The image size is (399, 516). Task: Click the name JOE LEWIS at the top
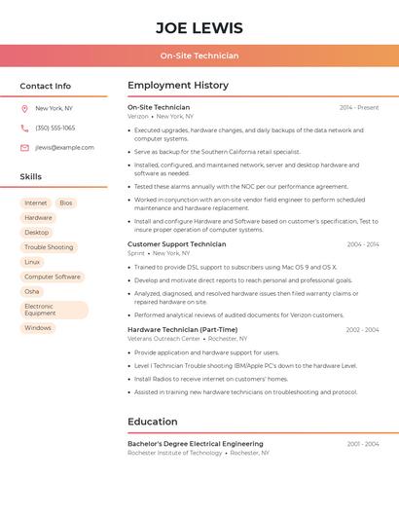pyautogui.click(x=199, y=28)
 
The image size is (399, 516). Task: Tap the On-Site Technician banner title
pyautogui.click(x=199, y=55)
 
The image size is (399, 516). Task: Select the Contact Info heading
pyautogui.click(x=46, y=86)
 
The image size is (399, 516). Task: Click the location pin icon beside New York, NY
pyautogui.click(x=24, y=109)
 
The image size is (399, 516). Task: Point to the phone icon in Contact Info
pyautogui.click(x=24, y=129)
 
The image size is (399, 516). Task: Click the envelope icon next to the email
pyautogui.click(x=24, y=148)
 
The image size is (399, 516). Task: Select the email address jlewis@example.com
pyautogui.click(x=64, y=148)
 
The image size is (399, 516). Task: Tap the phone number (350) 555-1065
pyautogui.click(x=55, y=129)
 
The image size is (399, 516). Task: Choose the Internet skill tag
pyautogui.click(x=35, y=203)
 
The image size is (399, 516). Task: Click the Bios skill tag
pyautogui.click(x=65, y=203)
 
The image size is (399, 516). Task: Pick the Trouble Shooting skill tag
pyautogui.click(x=49, y=247)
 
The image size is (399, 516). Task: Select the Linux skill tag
pyautogui.click(x=32, y=262)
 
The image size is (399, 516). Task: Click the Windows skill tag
pyautogui.click(x=38, y=328)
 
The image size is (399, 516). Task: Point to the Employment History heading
pyautogui.click(x=178, y=86)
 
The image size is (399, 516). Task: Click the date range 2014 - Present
pyautogui.click(x=359, y=107)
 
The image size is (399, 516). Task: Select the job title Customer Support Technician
pyautogui.click(x=176, y=244)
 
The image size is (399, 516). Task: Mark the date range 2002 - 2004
pyautogui.click(x=362, y=330)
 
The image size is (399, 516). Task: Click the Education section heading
pyautogui.click(x=153, y=422)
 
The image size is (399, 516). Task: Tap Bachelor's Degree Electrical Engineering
pyautogui.click(x=195, y=444)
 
